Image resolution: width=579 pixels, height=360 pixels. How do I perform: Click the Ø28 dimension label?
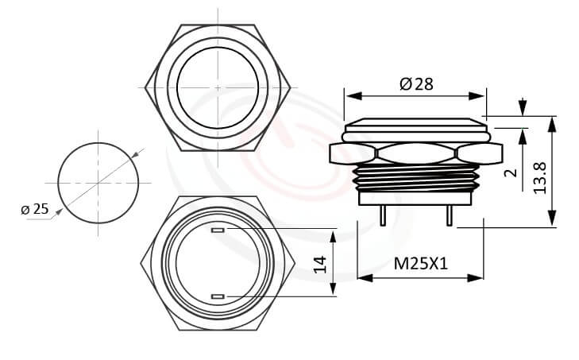416,83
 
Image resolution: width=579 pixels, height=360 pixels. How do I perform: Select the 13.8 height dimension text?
540,177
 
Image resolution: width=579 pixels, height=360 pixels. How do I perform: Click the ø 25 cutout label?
34,209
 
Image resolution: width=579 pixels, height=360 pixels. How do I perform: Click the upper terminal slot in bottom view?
218,231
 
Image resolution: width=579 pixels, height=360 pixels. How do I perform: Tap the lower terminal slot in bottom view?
218,296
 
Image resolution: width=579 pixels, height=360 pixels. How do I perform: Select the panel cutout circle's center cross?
98,183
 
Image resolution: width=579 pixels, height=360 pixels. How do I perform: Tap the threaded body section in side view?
416,178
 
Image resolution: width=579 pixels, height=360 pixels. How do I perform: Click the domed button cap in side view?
416,125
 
